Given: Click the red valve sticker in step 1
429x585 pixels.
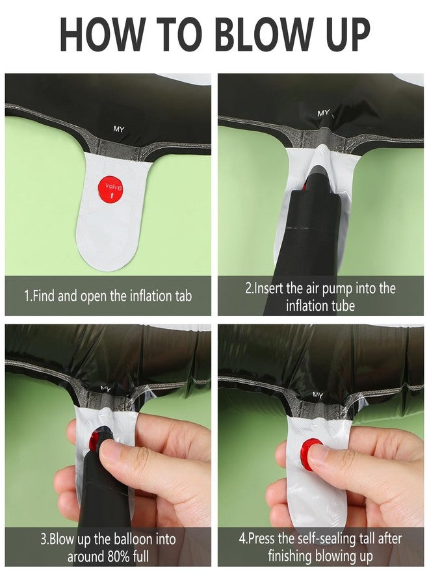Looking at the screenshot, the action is [x=110, y=188].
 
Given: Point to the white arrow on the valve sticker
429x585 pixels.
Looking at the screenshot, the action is [x=110, y=195].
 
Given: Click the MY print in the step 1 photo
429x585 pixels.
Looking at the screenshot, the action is [x=119, y=129].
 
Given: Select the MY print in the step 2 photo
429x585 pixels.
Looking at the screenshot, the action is [x=324, y=112].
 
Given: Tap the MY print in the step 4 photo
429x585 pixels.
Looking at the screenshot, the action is [x=317, y=395].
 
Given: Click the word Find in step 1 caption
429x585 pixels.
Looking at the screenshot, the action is [x=44, y=296].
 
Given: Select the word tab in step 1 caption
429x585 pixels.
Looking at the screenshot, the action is [x=183, y=296].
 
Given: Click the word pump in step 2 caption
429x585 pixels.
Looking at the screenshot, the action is [x=337, y=289].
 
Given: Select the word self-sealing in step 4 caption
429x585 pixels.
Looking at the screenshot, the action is [x=323, y=539].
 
